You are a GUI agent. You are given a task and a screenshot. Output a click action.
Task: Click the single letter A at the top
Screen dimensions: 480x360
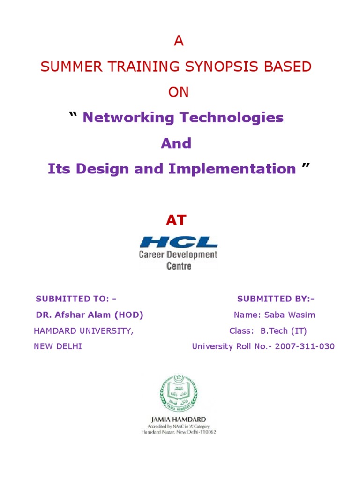point(179,42)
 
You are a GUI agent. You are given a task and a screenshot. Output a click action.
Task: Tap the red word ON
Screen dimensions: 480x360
point(179,92)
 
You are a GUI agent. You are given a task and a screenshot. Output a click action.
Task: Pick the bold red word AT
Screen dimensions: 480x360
point(176,220)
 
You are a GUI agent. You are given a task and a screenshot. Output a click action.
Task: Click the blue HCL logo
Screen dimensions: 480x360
point(179,242)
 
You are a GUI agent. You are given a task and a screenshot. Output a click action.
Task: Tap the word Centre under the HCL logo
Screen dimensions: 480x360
point(179,266)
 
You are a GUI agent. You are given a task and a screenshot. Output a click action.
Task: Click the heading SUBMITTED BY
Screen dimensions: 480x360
point(276,299)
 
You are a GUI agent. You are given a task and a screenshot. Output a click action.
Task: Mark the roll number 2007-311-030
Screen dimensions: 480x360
point(305,347)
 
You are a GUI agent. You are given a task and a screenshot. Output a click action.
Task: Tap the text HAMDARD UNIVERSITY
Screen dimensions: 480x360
point(83,331)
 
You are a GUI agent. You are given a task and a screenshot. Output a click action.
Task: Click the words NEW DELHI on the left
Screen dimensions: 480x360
point(58,347)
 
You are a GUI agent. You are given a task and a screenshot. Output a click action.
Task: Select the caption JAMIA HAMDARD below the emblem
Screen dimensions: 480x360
point(179,419)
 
